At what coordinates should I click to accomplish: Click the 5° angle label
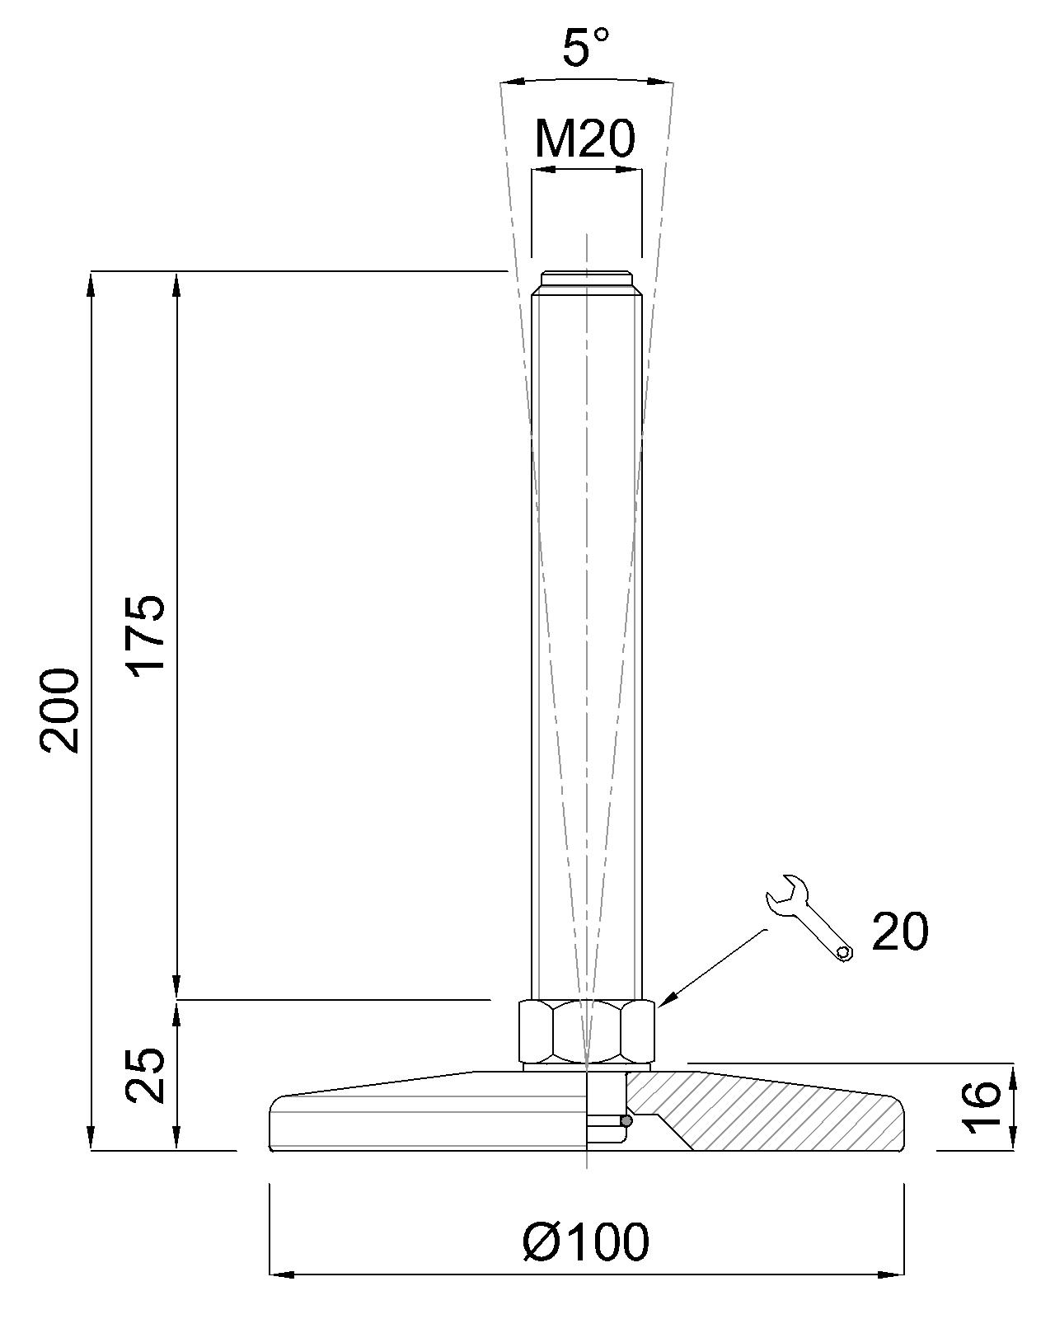[x=585, y=47]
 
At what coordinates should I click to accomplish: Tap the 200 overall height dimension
[x=59, y=711]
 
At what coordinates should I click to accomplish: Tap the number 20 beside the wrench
[x=899, y=932]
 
